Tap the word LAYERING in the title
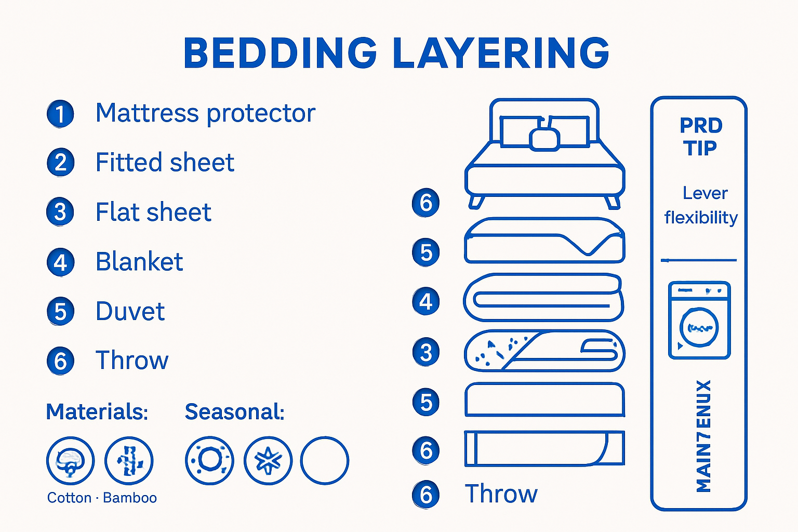pos(501,53)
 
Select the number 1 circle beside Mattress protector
pos(60,114)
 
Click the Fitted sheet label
pos(165,163)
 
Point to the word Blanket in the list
pos(139,262)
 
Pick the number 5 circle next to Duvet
pos(60,312)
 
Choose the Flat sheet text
pos(153,212)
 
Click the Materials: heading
pos(97,412)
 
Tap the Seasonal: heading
pos(234,412)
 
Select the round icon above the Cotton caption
pos(70,460)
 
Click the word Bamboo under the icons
pos(130,498)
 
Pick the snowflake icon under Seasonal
pos(268,460)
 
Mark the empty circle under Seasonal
pos(325,460)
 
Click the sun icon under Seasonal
pos(209,460)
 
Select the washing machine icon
pos(699,320)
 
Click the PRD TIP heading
pos(701,137)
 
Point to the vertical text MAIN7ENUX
pos(703,436)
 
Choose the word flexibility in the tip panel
pos(701,217)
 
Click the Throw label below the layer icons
pos(501,494)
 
